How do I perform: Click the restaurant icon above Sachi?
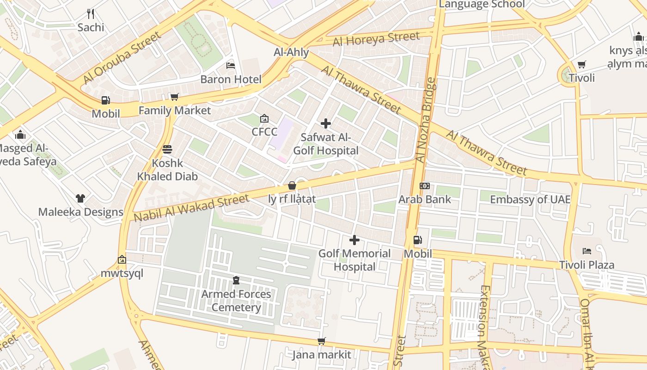(91, 14)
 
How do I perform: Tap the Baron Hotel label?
(231, 79)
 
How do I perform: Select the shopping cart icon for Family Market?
(174, 97)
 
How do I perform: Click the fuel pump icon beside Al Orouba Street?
(106, 100)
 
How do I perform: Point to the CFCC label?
(264, 132)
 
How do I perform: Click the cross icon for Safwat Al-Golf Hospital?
(326, 123)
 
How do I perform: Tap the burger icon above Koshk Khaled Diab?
(167, 149)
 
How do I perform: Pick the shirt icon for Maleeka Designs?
(80, 198)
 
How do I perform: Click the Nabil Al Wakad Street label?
(191, 208)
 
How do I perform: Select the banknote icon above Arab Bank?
(424, 186)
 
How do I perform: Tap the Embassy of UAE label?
(530, 200)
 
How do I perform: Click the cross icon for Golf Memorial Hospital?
(354, 240)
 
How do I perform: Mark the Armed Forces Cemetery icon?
(236, 280)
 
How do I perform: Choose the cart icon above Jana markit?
(321, 341)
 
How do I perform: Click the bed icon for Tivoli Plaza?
(587, 251)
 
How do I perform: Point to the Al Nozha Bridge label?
(426, 120)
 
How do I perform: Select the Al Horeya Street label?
(376, 39)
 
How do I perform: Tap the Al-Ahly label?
(291, 52)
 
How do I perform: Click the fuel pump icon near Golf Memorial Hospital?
(417, 240)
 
